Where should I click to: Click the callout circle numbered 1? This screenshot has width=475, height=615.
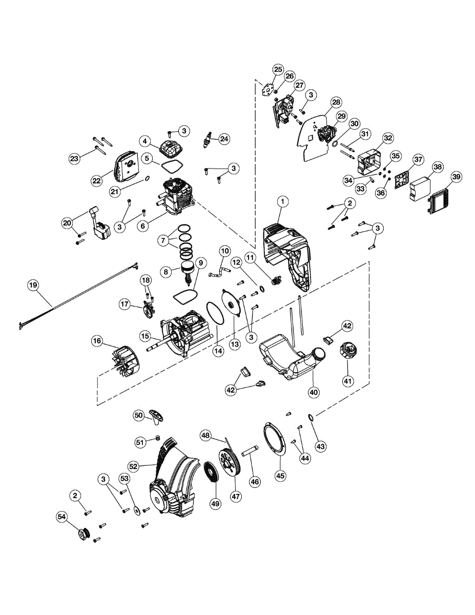tap(281, 202)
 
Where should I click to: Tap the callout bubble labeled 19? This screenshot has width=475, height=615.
tap(33, 286)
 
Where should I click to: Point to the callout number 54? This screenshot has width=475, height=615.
tap(62, 518)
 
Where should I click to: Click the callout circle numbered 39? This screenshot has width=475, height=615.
tap(456, 177)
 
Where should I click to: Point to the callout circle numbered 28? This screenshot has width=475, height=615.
tap(336, 102)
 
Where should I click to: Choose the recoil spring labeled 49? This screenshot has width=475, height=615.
tap(210, 471)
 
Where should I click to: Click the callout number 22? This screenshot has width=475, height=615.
tap(97, 180)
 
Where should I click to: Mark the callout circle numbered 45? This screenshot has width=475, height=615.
tap(280, 475)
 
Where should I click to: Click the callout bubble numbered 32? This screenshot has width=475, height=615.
tap(388, 138)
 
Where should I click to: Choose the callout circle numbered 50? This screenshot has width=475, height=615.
tap(138, 416)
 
